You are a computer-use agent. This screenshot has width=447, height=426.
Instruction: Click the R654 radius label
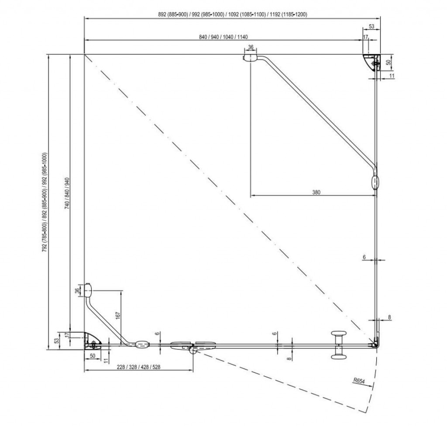tap(359, 381)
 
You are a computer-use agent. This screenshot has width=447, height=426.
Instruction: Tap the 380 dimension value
tap(316, 192)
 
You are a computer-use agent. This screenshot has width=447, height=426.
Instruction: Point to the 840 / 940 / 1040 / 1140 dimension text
tap(223, 37)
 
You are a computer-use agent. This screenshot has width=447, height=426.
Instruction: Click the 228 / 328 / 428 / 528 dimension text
tap(138, 367)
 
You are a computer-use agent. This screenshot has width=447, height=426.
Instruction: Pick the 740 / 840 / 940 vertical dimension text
tap(67, 193)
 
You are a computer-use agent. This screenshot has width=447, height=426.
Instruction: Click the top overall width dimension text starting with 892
tap(233, 14)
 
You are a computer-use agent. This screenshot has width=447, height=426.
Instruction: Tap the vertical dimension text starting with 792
tap(45, 203)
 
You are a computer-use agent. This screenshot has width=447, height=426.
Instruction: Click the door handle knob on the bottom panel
tap(338, 345)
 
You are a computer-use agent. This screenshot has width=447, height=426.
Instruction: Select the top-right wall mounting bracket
tap(372, 62)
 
